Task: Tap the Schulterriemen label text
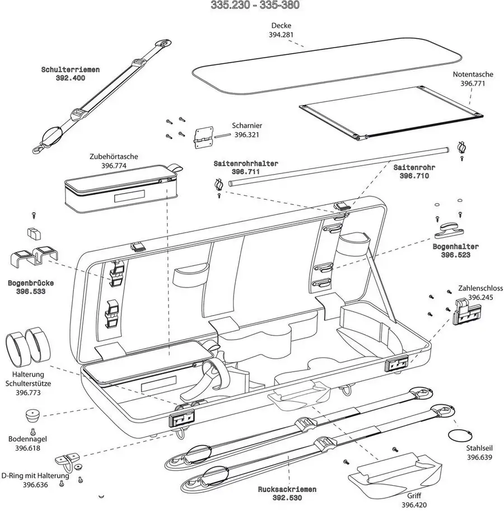coord(71,70)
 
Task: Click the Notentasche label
coord(472,74)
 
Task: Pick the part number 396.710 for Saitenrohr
coord(414,176)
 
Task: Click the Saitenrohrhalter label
coord(246,164)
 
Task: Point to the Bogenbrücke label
coord(30,283)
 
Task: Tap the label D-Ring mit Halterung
coord(36,476)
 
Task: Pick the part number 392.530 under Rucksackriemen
coord(287,498)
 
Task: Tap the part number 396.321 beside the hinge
coord(248,135)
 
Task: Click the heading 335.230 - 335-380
coord(255,6)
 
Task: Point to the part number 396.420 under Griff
coord(414,505)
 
